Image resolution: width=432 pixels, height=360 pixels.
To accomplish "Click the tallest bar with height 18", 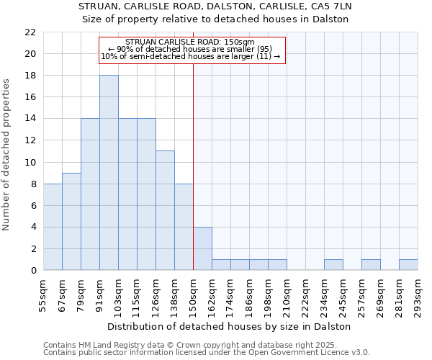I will (109, 173).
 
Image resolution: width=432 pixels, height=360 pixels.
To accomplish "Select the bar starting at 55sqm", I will (53, 227).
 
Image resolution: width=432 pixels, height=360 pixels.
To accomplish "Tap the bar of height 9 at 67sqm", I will (71, 222).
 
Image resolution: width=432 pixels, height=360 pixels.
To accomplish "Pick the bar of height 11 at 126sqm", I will (165, 211).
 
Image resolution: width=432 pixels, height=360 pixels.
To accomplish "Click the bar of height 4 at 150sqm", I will (202, 248).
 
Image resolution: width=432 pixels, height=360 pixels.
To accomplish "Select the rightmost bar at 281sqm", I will (408, 265).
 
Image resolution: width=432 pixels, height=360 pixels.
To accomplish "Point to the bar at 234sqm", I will (333, 265).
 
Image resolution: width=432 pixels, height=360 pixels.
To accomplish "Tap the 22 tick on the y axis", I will (30, 32).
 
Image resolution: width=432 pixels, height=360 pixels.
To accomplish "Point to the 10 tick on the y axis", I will (30, 162).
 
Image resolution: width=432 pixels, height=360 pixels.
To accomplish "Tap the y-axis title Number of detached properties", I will (7, 155).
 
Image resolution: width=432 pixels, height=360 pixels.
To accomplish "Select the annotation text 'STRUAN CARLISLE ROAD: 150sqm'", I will (189, 42).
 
